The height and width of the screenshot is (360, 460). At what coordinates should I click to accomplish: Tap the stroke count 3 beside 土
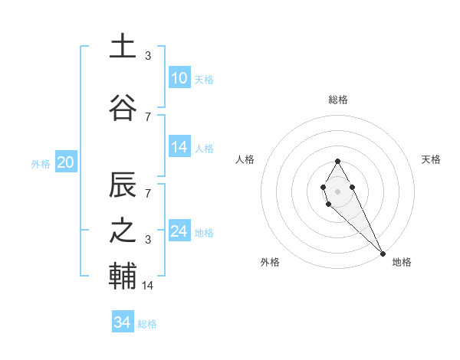[148, 56]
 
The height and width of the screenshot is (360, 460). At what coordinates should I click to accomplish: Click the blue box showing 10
[179, 77]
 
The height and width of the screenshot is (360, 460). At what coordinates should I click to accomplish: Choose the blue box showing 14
[179, 147]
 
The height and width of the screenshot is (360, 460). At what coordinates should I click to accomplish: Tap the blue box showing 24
[179, 231]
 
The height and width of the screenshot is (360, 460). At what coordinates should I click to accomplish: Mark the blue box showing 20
[66, 162]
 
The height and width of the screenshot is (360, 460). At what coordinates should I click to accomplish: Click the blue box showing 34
[122, 322]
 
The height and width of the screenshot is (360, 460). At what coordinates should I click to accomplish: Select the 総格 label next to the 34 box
[147, 324]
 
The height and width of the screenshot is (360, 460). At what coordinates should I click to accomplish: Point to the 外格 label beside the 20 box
[41, 163]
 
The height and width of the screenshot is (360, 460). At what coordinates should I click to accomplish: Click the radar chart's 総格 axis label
[337, 100]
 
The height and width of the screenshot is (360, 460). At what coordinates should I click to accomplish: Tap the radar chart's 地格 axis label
[402, 262]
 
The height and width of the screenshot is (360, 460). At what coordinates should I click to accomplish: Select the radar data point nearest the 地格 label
[383, 253]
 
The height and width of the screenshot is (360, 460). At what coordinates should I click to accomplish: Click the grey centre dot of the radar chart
[337, 191]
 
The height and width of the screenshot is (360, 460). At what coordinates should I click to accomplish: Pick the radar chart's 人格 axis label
[245, 159]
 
